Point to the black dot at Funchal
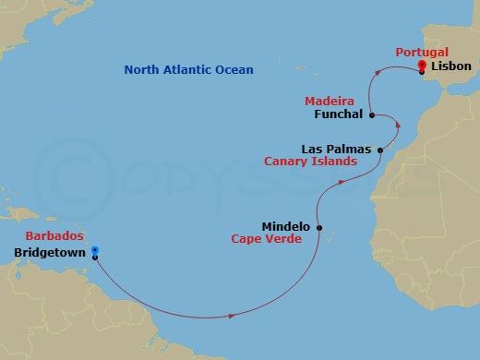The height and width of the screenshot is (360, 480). click(371, 115)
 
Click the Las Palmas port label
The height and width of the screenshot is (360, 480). click(336, 148)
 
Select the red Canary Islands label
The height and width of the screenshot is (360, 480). click(323, 161)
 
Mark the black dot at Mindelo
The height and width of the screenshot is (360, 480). click(319, 227)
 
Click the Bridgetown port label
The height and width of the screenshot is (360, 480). click(50, 250)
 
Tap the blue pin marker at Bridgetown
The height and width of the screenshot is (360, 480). click(94, 249)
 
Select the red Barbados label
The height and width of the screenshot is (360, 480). click(51, 235)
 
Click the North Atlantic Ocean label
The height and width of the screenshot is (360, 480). click(188, 70)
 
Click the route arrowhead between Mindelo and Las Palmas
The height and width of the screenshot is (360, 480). click(342, 182)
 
